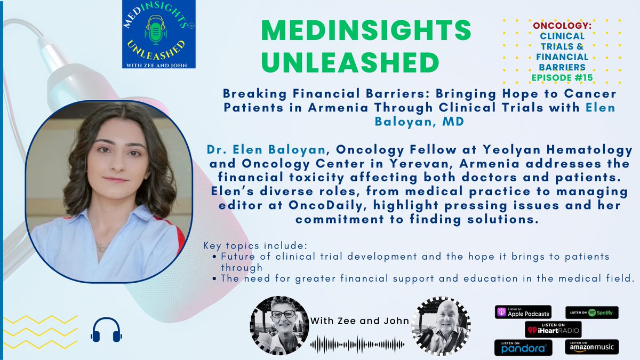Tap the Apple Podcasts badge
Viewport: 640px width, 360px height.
[x=522, y=313]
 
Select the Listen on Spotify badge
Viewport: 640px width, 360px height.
[x=593, y=312]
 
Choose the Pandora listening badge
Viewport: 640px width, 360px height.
[x=522, y=347]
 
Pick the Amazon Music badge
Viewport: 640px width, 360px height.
[x=593, y=347]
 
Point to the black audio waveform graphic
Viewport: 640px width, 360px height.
[x=357, y=343]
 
